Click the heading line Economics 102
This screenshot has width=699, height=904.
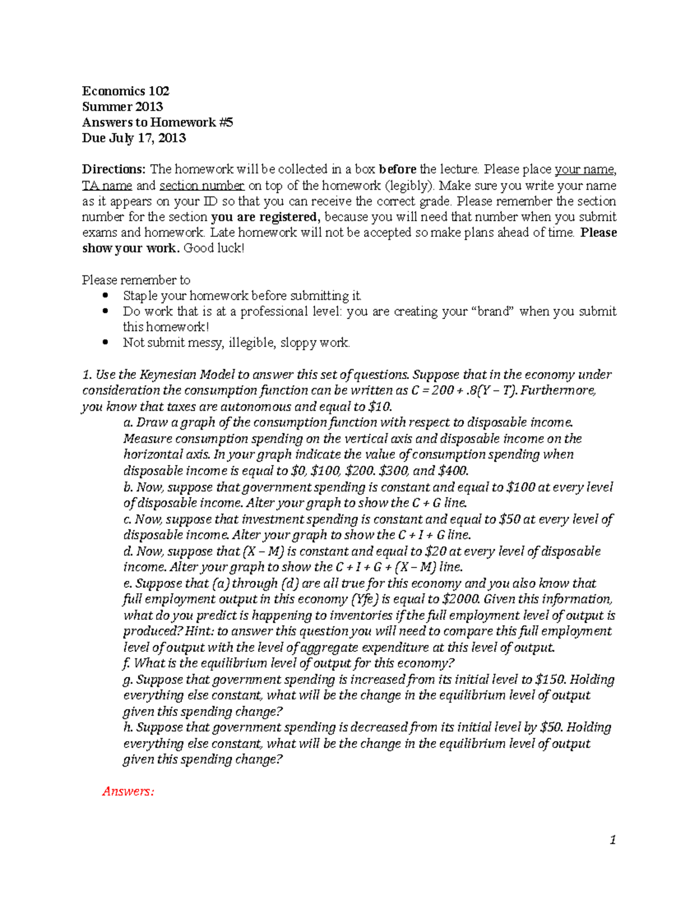click(125, 91)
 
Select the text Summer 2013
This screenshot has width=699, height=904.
click(122, 107)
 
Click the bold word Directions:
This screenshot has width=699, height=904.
click(114, 169)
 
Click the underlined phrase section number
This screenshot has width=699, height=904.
click(202, 186)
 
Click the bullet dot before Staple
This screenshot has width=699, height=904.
click(105, 296)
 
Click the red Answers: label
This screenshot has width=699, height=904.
click(128, 791)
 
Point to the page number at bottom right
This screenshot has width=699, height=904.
click(612, 839)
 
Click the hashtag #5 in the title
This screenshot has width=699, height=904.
click(226, 122)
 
